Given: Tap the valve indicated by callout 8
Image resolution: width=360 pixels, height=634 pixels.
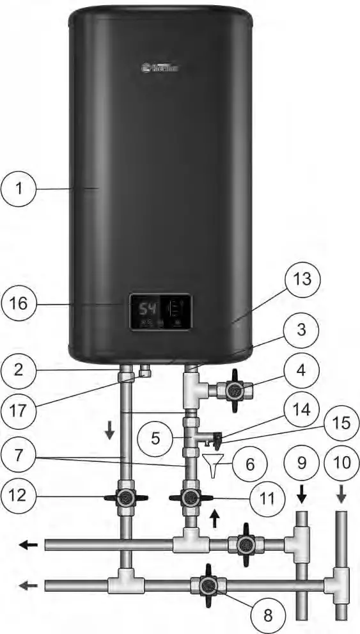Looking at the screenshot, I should (207, 585).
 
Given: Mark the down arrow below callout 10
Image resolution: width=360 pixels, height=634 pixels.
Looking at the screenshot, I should (340, 495).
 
